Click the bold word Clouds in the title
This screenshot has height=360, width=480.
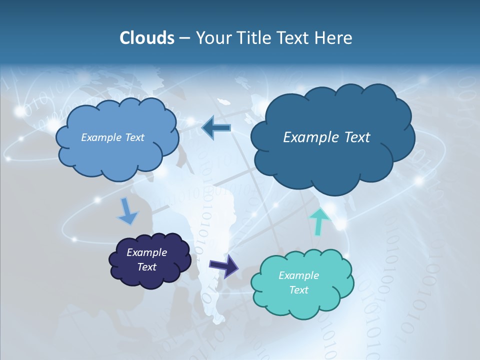146,38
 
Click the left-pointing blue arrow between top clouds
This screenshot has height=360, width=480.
216,128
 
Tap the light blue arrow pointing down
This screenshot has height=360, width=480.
127,212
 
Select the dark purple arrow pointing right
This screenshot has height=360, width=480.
224,265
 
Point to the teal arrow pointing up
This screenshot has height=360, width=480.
319,220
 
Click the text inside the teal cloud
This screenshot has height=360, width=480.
298,282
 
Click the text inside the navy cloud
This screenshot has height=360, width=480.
146,259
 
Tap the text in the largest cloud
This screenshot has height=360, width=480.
326,137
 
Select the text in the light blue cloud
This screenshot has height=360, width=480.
112,137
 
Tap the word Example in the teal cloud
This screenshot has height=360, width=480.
298,275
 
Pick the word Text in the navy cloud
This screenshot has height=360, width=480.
146,267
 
